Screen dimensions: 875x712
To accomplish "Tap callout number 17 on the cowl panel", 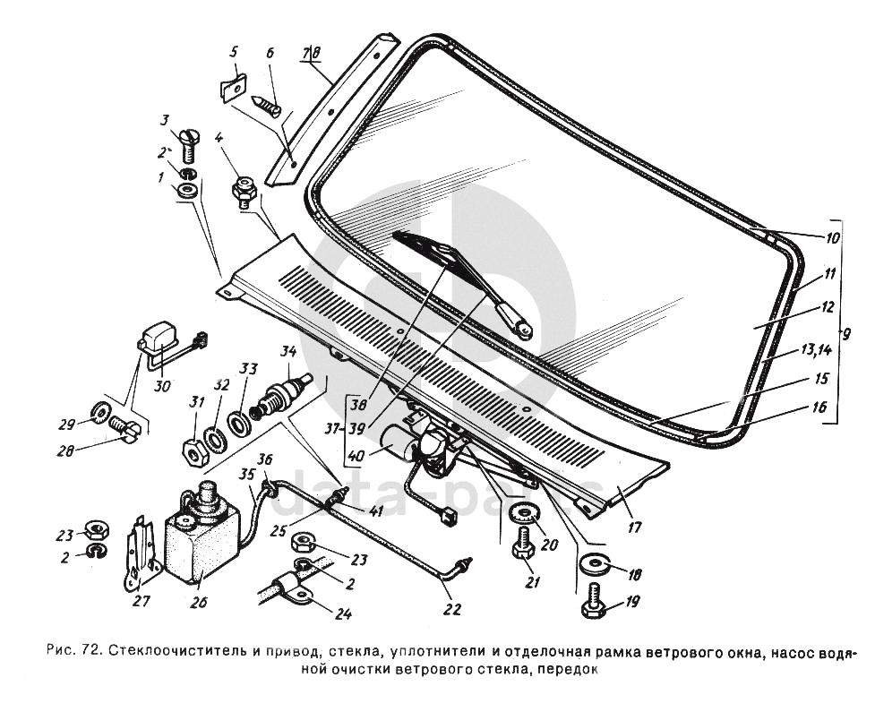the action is tap(634, 527).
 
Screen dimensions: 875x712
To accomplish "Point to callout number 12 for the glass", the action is tap(826, 306).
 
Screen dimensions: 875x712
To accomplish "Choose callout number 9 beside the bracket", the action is tap(846, 335).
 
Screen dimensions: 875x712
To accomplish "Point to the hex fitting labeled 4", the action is tap(244, 192).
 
